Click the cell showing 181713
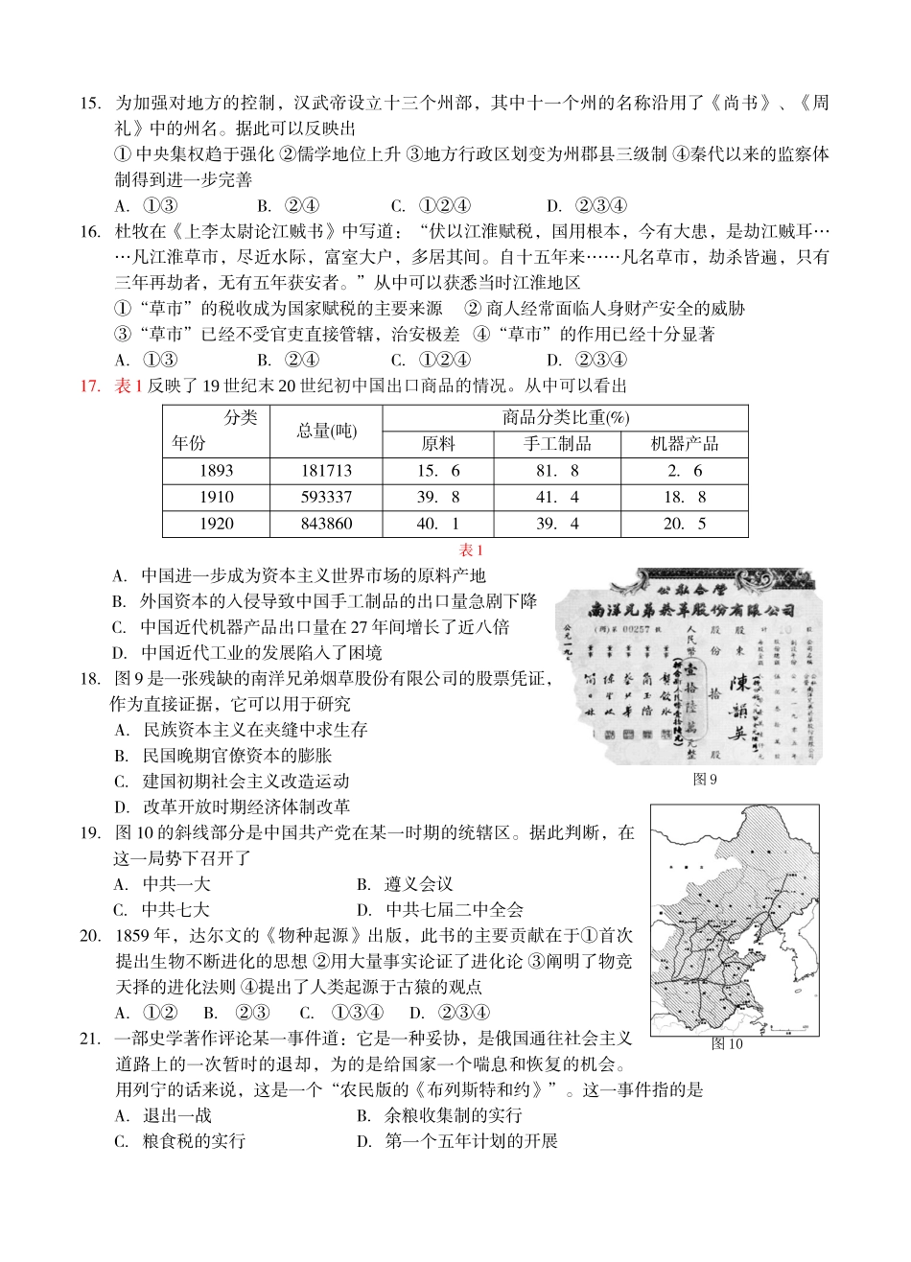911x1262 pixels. (x=325, y=471)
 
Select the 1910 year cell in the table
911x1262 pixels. (x=217, y=497)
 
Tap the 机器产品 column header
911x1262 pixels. (x=684, y=444)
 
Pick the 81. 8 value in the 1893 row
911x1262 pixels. (x=557, y=471)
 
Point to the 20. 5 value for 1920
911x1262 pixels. (x=684, y=524)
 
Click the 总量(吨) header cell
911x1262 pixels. (x=326, y=431)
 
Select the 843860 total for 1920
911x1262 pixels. (x=325, y=524)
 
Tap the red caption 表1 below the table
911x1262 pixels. (x=472, y=550)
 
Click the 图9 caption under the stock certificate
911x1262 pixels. (x=705, y=780)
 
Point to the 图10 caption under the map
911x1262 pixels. (x=727, y=1044)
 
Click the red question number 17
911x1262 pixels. (x=90, y=386)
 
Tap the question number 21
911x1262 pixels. (x=90, y=1038)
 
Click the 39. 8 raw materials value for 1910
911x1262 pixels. (x=438, y=497)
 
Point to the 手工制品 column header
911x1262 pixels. (x=557, y=444)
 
